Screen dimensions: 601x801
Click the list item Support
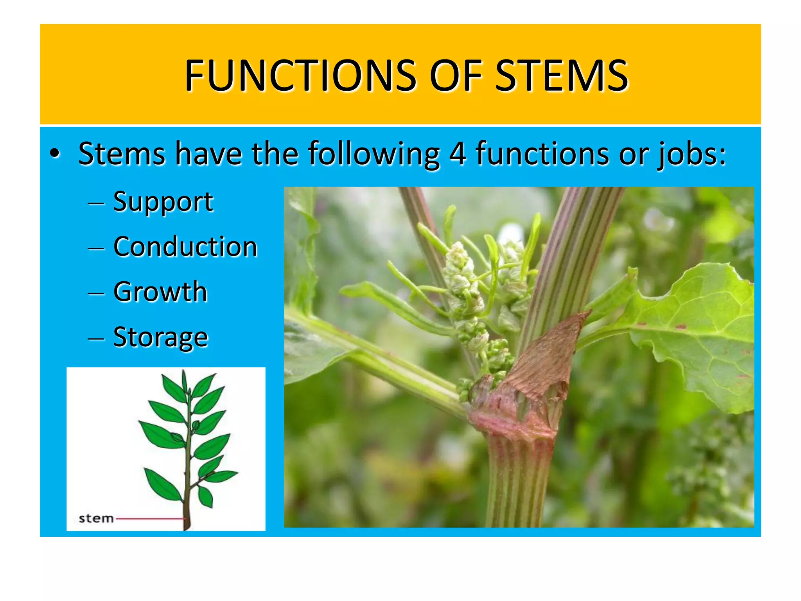[163, 202]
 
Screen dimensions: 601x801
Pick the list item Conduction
[185, 247]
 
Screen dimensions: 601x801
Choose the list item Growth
[160, 292]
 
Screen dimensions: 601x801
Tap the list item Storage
[160, 337]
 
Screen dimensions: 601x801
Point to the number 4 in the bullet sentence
[457, 153]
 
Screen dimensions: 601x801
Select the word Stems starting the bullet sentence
[122, 153]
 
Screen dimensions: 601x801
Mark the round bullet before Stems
[55, 154]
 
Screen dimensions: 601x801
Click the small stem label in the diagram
[96, 518]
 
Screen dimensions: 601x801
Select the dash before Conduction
[96, 248]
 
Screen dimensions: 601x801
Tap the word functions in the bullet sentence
[542, 153]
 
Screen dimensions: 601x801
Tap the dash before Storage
[96, 338]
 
